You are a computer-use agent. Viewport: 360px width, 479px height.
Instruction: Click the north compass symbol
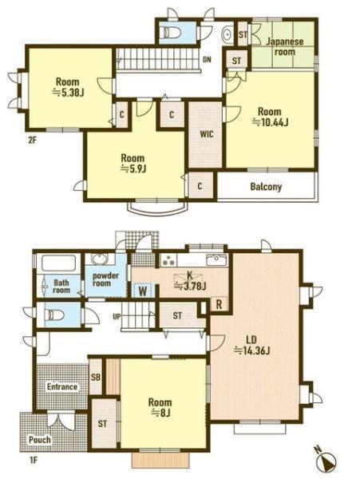point(326,461)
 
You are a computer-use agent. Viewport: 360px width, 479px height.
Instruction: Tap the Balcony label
point(266,187)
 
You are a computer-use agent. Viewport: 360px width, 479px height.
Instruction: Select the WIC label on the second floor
point(207,134)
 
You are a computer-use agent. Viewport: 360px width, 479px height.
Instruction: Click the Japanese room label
point(285,46)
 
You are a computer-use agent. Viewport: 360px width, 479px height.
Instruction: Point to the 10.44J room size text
point(270,122)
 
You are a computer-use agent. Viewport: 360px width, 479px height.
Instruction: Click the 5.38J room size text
point(68,93)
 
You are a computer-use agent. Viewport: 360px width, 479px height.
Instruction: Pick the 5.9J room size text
point(133,168)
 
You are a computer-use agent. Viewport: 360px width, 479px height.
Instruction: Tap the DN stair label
point(207,60)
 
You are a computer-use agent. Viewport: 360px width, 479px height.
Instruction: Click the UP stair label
point(117,317)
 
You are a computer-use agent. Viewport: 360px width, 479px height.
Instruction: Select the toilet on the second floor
point(171,32)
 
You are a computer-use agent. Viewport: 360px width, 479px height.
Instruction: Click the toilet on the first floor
point(54,315)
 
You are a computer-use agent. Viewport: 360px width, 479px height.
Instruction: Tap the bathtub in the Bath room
point(58,263)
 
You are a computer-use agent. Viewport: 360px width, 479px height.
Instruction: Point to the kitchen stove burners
point(168,261)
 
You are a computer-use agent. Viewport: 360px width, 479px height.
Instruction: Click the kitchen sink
point(216,260)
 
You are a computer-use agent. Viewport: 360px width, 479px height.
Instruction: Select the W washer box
point(143,291)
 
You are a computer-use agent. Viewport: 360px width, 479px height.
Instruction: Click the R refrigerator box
point(220,304)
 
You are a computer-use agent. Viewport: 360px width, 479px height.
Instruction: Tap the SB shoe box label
point(96,377)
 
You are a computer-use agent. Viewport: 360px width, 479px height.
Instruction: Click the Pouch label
point(40,440)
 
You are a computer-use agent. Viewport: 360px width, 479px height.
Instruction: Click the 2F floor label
point(32,141)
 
